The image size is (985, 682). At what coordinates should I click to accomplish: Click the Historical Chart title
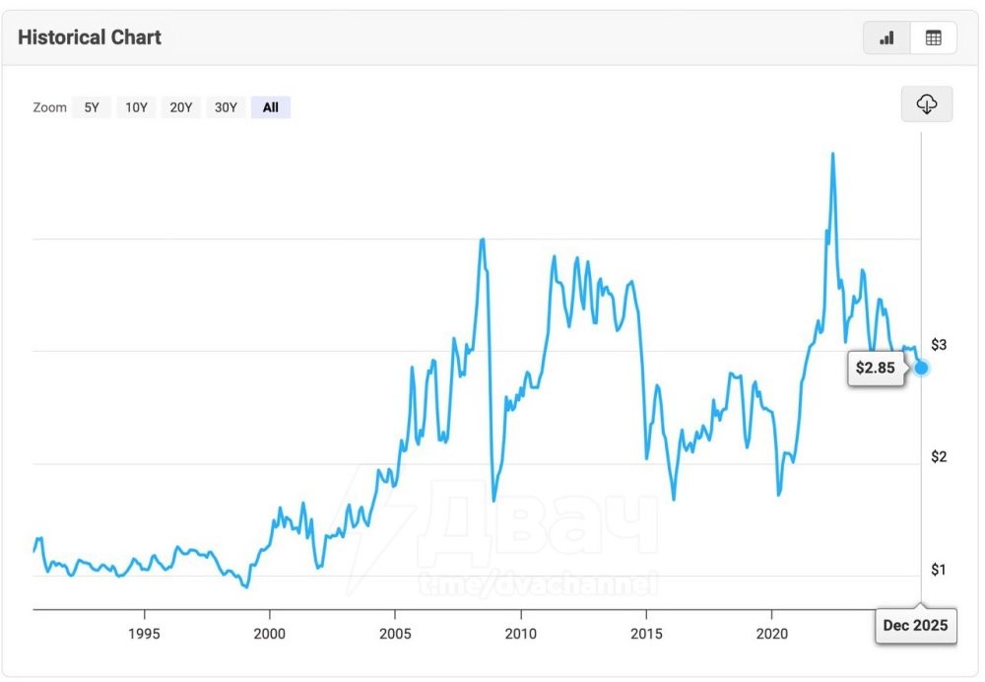90,37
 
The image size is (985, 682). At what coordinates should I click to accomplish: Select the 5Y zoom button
92,107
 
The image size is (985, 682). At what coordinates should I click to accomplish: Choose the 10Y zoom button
136,107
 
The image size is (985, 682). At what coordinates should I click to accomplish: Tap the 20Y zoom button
181,107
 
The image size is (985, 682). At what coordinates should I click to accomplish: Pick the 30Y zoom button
227,107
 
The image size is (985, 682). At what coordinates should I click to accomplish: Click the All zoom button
270,107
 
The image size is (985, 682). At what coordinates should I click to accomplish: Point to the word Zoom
49,107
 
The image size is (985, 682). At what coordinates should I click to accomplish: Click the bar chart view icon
886,37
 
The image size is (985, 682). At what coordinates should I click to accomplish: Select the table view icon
933,37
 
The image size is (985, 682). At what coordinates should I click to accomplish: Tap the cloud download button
927,103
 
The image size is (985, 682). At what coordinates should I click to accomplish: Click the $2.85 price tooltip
875,368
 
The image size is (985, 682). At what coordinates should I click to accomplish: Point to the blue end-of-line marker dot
922,368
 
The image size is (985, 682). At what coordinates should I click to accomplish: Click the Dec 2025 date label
915,625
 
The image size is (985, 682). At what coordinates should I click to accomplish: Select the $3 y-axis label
939,344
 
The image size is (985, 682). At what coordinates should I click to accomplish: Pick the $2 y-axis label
939,456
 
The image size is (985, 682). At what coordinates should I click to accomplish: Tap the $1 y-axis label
939,570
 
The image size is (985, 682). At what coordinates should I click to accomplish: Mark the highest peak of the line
833,154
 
